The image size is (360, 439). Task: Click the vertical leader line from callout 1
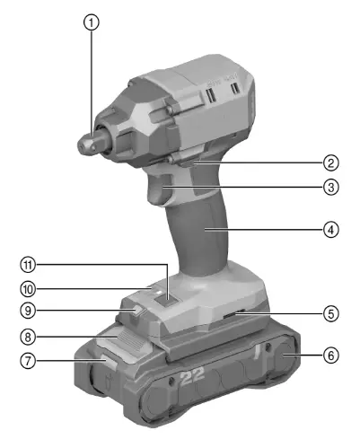(x=91, y=81)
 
